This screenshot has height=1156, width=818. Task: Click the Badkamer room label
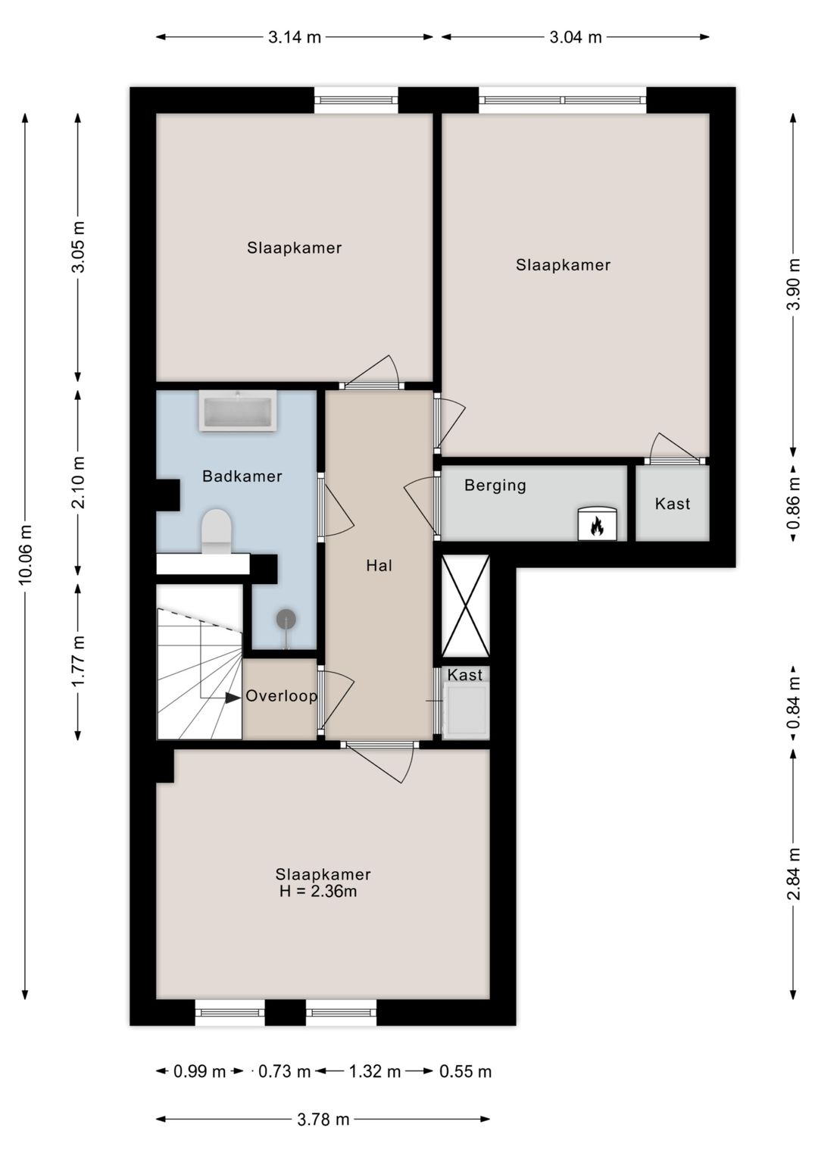pyautogui.click(x=242, y=476)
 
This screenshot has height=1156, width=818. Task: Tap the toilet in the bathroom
pyautogui.click(x=217, y=530)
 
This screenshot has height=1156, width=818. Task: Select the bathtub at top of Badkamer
pyautogui.click(x=238, y=411)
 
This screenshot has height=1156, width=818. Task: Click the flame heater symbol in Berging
pyautogui.click(x=597, y=524)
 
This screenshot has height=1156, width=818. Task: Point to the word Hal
pyautogui.click(x=379, y=566)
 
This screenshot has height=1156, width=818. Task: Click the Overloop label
pyautogui.click(x=281, y=696)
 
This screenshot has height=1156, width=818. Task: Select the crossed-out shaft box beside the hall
pyautogui.click(x=466, y=606)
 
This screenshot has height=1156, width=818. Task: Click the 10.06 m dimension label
pyautogui.click(x=26, y=554)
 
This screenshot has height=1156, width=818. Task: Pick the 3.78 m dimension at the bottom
pyautogui.click(x=323, y=1119)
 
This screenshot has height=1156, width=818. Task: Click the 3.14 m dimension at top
pyautogui.click(x=295, y=37)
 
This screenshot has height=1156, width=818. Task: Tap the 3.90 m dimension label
pyautogui.click(x=793, y=284)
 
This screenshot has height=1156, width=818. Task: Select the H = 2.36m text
pyautogui.click(x=318, y=892)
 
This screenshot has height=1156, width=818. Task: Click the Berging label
pyautogui.click(x=495, y=486)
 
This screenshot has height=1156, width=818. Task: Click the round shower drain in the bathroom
pyautogui.click(x=286, y=620)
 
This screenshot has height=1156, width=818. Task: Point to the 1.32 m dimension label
pyautogui.click(x=375, y=1072)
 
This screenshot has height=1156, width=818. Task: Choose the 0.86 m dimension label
pyautogui.click(x=793, y=503)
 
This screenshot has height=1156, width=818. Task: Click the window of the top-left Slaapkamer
pyautogui.click(x=356, y=100)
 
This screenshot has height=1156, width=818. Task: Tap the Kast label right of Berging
pyautogui.click(x=673, y=504)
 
